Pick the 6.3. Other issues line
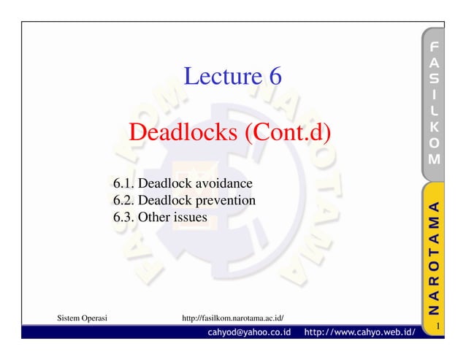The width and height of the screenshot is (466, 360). pos(160,217)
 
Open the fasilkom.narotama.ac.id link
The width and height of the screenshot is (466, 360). pos(232,318)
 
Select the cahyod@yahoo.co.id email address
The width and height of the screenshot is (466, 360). pos(248,333)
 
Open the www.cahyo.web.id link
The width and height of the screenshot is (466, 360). pos(359,333)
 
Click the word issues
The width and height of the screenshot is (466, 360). pos(190,217)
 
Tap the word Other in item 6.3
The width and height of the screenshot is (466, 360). pos(155,217)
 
